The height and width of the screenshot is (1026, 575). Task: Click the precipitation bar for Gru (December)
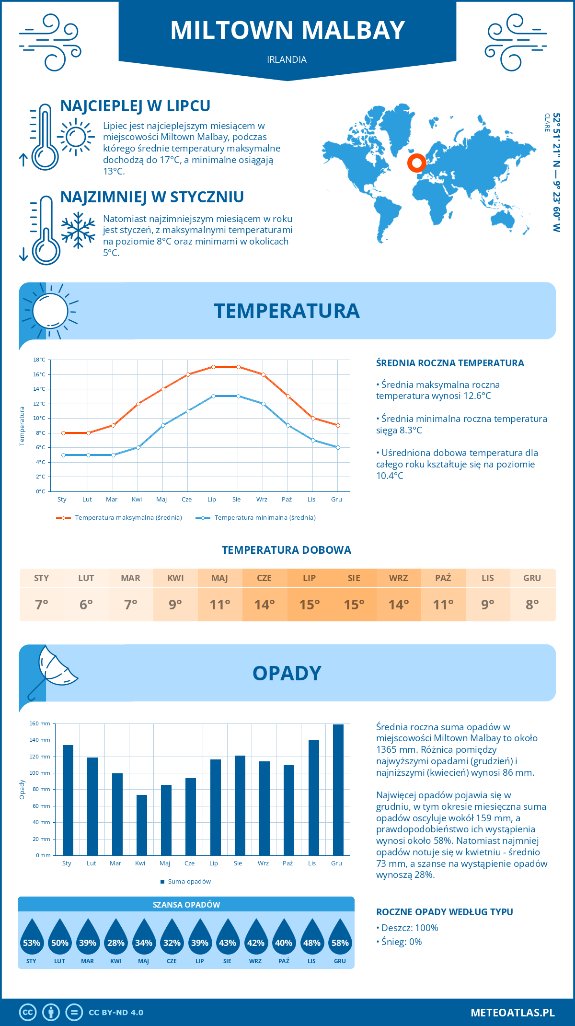pos(338,790)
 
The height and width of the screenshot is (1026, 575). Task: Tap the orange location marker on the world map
pos(417,163)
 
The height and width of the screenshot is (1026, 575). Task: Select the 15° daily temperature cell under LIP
pos(310,605)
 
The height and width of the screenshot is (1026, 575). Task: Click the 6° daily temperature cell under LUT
pos(86,605)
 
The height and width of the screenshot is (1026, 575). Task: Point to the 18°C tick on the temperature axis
pos(39,360)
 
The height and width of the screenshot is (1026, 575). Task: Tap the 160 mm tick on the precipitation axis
pos(40,723)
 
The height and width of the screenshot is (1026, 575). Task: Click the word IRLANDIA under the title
pos(287,59)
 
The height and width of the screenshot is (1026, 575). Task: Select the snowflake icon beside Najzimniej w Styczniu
pos(78,230)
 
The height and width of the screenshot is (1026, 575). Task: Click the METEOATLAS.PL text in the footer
pos(513,1013)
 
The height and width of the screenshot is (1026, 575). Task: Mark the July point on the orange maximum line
pos(213,367)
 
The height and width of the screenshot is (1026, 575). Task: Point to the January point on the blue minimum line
pos(63,455)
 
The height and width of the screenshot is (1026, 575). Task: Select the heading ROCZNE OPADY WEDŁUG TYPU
pos(444,912)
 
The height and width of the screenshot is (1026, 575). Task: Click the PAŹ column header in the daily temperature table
pos(443,578)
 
